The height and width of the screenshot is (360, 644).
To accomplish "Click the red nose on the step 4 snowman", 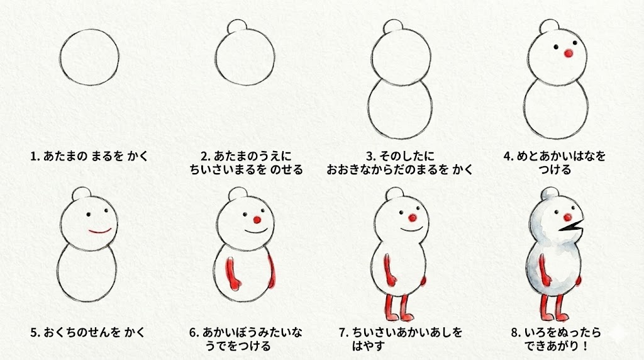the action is (569, 53).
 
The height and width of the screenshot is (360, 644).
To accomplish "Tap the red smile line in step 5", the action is (100, 232).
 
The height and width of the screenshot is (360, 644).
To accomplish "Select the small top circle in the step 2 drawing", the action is (237, 26).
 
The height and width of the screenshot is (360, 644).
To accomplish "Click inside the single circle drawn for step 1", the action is (89, 57).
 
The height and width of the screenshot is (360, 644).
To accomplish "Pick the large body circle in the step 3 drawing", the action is (399, 109).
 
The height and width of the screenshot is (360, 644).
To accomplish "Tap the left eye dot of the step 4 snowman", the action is (556, 47).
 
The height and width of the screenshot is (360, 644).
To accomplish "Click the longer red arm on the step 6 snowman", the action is (232, 273).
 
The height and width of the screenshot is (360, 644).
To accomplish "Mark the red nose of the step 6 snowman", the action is (257, 220).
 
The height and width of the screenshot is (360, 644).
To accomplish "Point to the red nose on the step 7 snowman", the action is (413, 217).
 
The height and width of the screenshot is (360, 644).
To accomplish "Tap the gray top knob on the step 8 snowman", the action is (550, 194).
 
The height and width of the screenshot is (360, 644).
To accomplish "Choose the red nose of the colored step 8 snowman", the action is (568, 217).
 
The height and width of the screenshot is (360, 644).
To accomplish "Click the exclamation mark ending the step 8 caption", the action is (586, 346).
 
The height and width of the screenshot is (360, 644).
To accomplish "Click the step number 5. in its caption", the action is (35, 332).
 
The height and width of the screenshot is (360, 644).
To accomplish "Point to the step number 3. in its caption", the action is (371, 156).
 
